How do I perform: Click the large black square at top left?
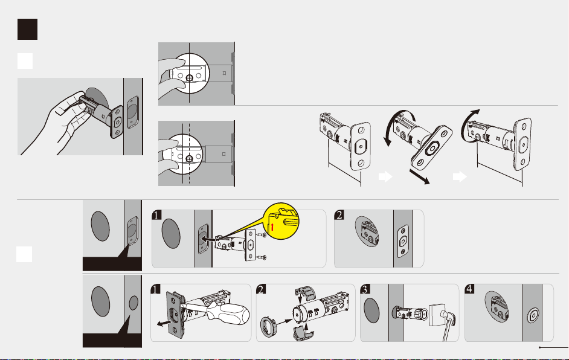click(x=27, y=29)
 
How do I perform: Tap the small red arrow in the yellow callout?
click(x=272, y=228)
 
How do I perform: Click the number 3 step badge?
click(x=365, y=289)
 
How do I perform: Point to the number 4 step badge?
click(x=469, y=289)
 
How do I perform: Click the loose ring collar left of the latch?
click(x=268, y=326)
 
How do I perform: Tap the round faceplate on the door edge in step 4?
click(x=533, y=315)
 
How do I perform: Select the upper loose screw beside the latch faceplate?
click(x=262, y=235)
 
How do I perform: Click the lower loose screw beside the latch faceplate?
click(x=262, y=258)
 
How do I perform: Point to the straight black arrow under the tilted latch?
click(x=419, y=177)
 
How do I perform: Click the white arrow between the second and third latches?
click(x=460, y=177)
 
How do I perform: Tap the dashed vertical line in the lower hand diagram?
click(x=189, y=153)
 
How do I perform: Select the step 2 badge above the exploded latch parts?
click(x=262, y=289)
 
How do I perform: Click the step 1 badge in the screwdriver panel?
click(x=155, y=289)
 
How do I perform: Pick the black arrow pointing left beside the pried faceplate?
click(x=164, y=323)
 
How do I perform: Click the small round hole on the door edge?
click(x=133, y=303)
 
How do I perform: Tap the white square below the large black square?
click(x=25, y=61)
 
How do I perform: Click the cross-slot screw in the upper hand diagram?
click(x=190, y=78)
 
